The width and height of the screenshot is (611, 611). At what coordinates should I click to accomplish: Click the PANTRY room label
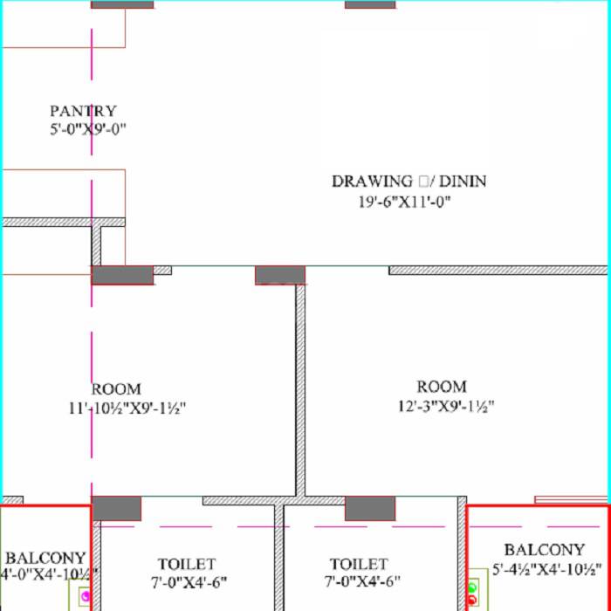point(83,111)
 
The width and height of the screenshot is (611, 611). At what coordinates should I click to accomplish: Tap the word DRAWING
point(372,182)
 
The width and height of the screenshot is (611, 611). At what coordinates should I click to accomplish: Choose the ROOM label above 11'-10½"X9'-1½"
point(115,389)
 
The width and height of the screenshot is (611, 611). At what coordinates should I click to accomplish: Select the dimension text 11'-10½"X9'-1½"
point(128,408)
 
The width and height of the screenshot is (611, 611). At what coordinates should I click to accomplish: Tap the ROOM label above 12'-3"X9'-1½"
point(441,387)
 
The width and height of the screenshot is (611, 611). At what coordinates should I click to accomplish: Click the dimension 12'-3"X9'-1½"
point(445,406)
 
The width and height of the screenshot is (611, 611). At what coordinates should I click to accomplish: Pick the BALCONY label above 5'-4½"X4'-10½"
point(544,550)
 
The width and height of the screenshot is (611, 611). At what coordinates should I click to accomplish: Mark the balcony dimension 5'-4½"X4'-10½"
point(546,569)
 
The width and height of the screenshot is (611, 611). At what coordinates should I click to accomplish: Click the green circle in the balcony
point(472,586)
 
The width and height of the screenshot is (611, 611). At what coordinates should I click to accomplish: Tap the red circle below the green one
point(472,600)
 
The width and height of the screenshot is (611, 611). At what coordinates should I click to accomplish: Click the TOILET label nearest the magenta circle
point(186,564)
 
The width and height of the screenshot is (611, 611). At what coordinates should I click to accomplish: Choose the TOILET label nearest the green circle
point(358,564)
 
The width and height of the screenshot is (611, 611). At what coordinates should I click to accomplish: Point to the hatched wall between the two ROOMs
point(300,393)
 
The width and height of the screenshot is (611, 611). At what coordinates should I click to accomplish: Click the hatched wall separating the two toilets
point(279,559)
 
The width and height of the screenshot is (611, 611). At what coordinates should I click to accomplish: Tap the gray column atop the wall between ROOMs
point(280,276)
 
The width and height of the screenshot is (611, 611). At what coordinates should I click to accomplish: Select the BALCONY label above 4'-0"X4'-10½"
point(45,557)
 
